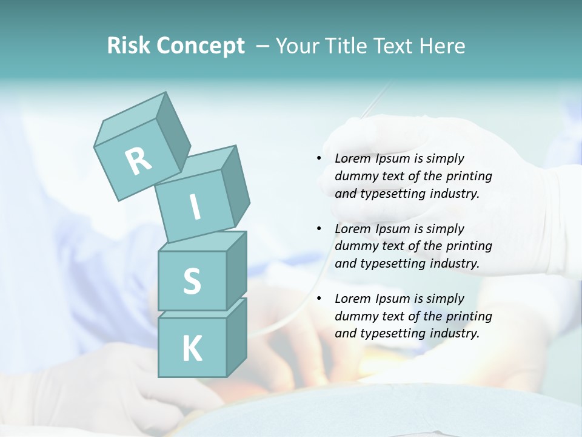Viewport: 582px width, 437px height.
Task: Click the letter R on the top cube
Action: pyautogui.click(x=139, y=161)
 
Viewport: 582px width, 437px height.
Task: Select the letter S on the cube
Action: pyautogui.click(x=192, y=282)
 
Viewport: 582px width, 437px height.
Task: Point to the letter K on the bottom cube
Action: pyautogui.click(x=192, y=349)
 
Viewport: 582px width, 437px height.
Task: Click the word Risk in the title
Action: pyautogui.click(x=128, y=46)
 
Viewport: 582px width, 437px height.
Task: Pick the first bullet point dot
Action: pyautogui.click(x=319, y=158)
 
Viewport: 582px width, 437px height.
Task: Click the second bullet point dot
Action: pyautogui.click(x=319, y=229)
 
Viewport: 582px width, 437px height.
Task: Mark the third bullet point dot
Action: pyautogui.click(x=319, y=299)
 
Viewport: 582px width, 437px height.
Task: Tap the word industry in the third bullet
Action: pyautogui.click(x=453, y=333)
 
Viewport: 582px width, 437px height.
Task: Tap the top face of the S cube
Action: pyautogui.click(x=200, y=242)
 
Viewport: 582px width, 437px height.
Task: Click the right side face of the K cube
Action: pyautogui.click(x=236, y=336)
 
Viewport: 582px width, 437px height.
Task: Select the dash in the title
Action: pyautogui.click(x=264, y=46)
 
